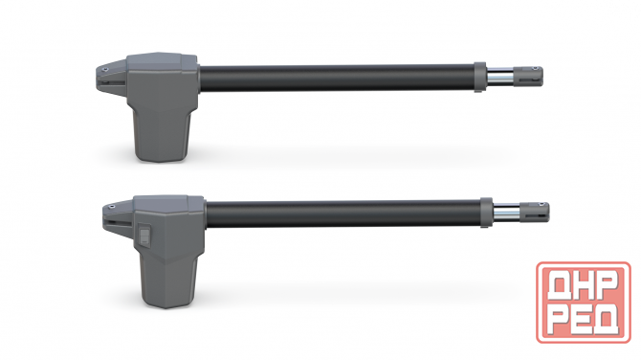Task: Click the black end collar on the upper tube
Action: [478, 76]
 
